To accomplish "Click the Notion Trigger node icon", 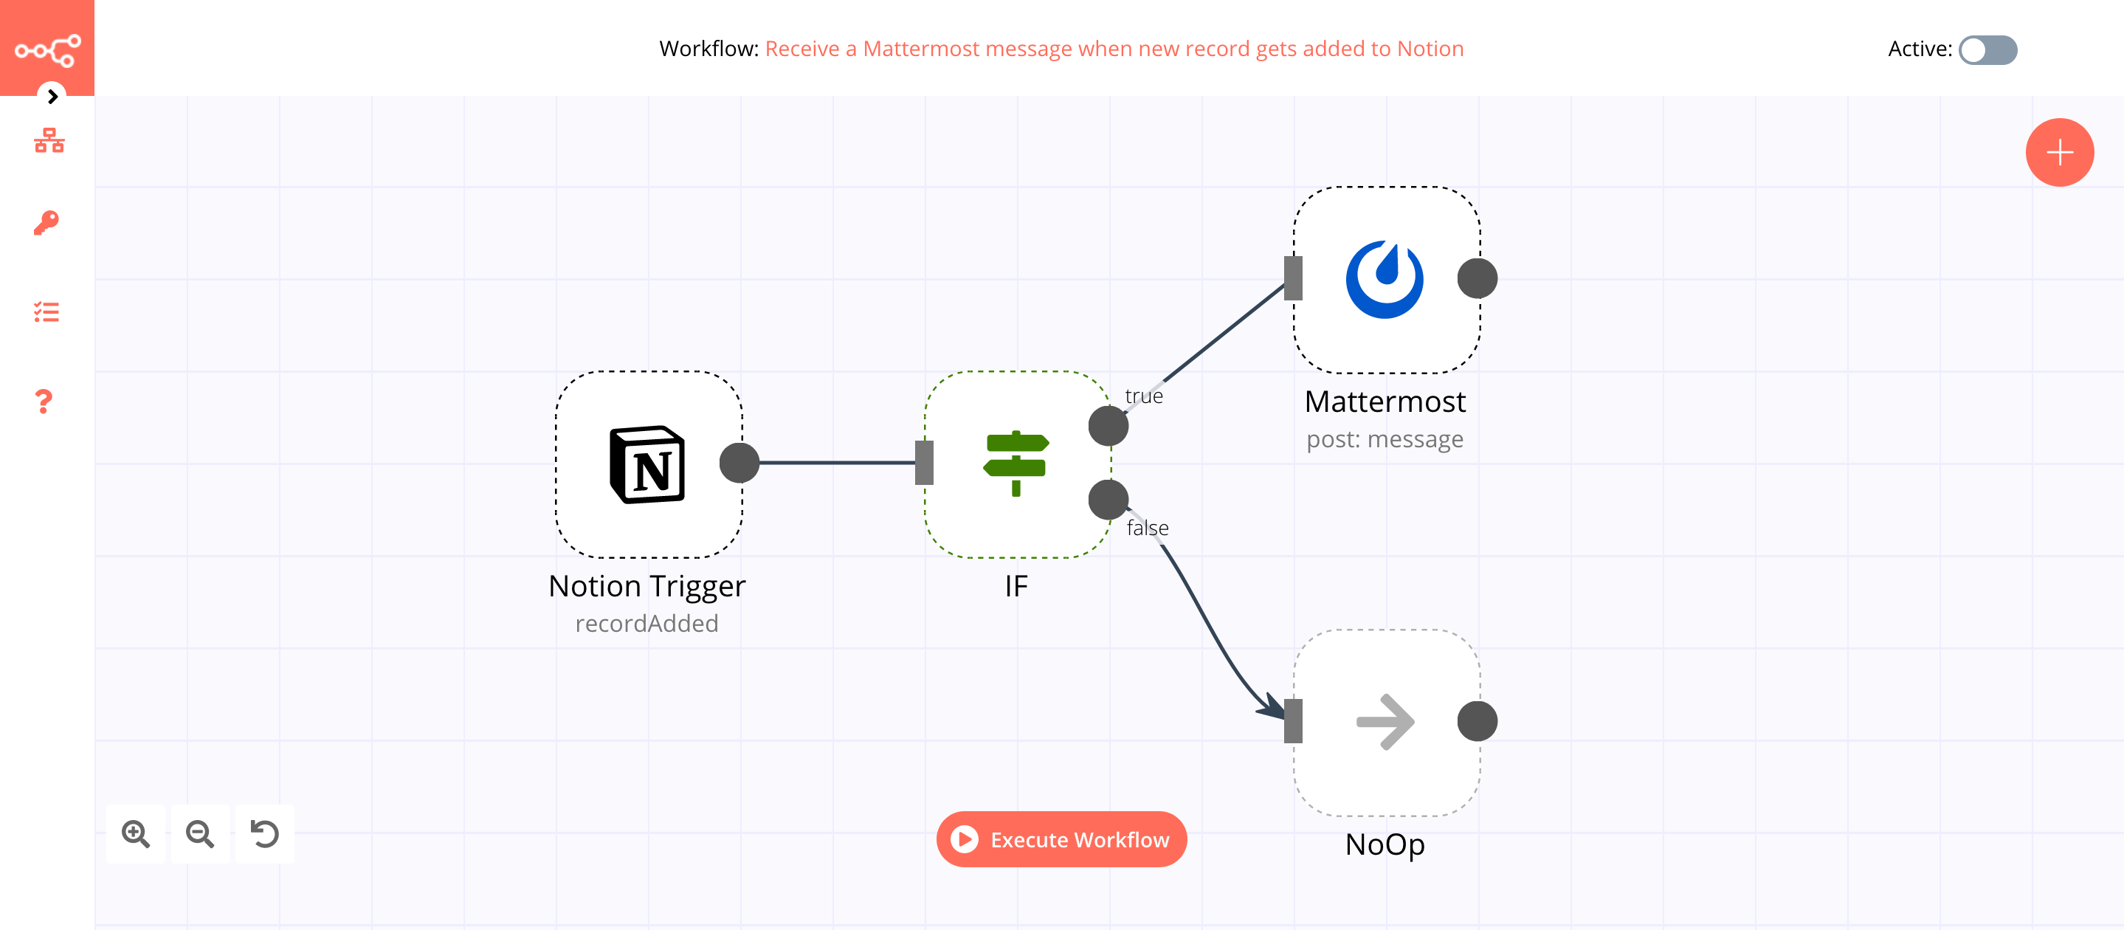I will point(647,464).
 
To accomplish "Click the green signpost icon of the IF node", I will point(1016,464).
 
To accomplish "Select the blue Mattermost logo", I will point(1385,280).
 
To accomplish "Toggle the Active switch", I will point(1987,49).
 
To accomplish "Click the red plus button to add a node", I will point(2059,153).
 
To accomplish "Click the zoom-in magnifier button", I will point(136,833).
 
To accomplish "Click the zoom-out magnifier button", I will point(200,833).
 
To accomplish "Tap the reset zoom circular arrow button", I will point(265,833).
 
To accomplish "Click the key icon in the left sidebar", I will point(47,223).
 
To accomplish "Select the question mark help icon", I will point(44,402).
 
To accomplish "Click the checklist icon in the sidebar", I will point(47,311).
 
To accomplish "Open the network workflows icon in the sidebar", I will point(49,141).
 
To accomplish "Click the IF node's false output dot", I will point(1108,500).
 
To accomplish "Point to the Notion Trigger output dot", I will point(739,463).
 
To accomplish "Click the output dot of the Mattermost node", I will point(1477,279).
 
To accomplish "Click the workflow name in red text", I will point(1114,49).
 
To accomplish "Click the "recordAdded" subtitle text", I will point(646,623).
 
